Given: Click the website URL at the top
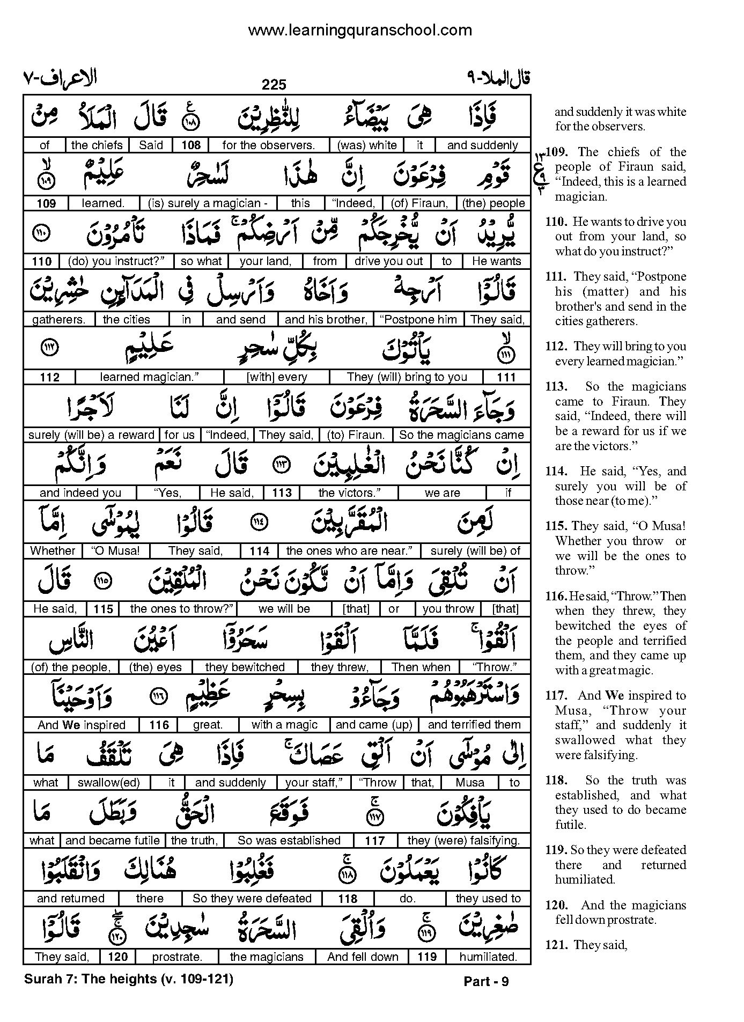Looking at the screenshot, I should tap(360, 30).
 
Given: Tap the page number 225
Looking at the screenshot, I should tap(274, 84).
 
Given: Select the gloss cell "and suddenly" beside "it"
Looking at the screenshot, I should tap(482, 145).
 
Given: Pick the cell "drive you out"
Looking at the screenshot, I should tap(388, 261).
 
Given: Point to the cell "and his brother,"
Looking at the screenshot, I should tap(326, 320).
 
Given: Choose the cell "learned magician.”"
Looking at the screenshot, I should tap(150, 377).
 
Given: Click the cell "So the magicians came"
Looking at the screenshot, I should tap(461, 435).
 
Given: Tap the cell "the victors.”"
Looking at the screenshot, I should tap(349, 493).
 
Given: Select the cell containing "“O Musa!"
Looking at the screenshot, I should tap(116, 551).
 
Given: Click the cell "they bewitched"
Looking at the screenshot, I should tap(245, 667).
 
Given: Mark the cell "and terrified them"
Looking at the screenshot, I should tap(474, 725).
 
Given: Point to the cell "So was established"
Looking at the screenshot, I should tap(289, 841).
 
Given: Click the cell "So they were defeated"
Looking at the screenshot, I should tap(252, 899).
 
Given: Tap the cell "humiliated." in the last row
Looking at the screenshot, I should tap(488, 957).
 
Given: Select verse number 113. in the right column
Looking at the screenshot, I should tap(556, 387).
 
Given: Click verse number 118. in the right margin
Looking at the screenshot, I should tap(556, 781).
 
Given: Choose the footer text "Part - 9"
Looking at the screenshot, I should tap(486, 981).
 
